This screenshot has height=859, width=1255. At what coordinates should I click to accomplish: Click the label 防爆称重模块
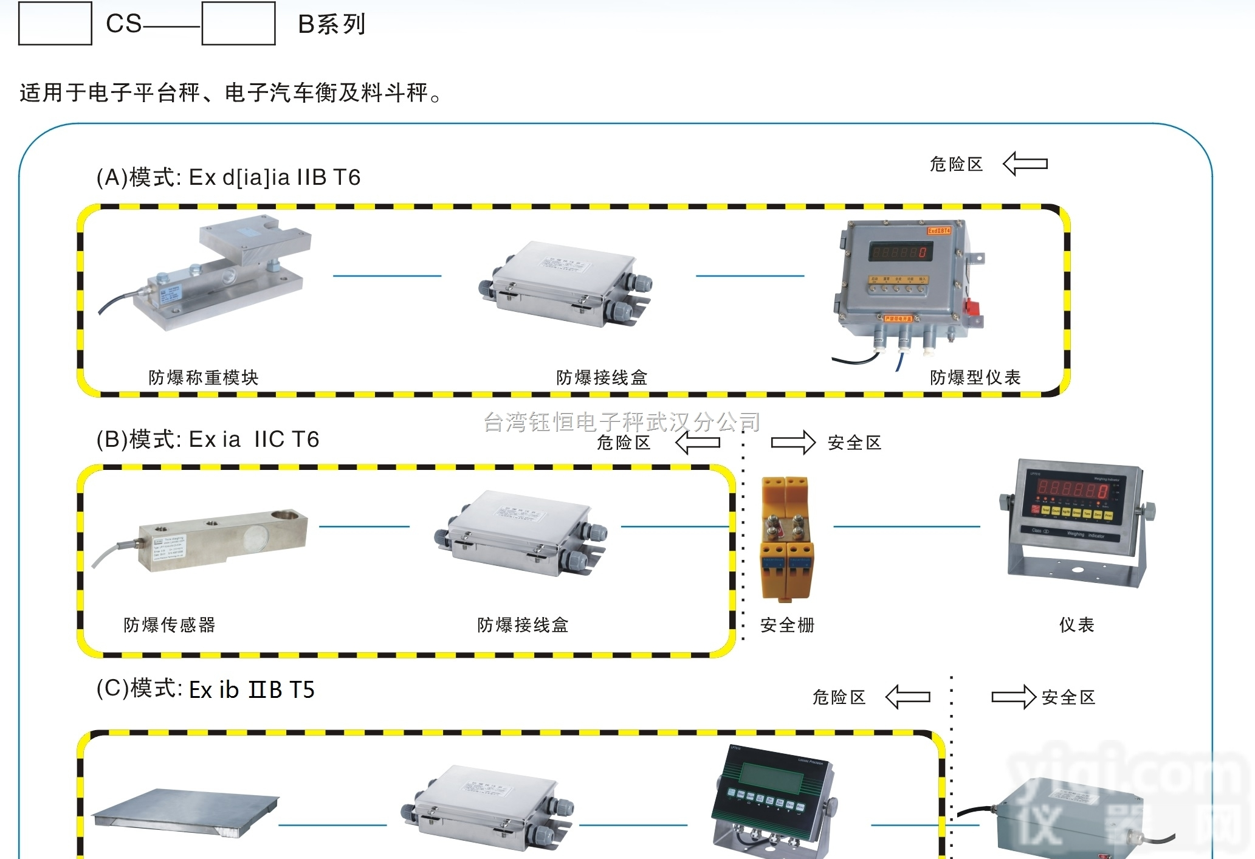pyautogui.click(x=204, y=378)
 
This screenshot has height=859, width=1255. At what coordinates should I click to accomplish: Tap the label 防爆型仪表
pyautogui.click(x=975, y=378)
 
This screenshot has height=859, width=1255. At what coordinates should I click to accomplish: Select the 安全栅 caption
pyautogui.click(x=787, y=625)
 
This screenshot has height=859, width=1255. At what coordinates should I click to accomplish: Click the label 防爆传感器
pyautogui.click(x=170, y=625)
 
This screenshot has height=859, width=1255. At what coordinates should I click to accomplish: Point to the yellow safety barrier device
pyautogui.click(x=786, y=538)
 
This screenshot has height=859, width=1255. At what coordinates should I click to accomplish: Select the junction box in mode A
pyautogui.click(x=565, y=283)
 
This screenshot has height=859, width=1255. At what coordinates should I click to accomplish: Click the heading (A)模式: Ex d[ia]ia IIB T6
pyautogui.click(x=229, y=178)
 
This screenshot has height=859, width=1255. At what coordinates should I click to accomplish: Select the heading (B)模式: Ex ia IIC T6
pyautogui.click(x=208, y=440)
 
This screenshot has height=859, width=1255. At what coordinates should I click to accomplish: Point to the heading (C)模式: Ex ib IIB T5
pyautogui.click(x=205, y=689)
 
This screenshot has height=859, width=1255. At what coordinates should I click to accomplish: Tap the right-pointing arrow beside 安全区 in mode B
pyautogui.click(x=793, y=442)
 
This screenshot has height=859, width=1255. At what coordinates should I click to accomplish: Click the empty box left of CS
pyautogui.click(x=55, y=23)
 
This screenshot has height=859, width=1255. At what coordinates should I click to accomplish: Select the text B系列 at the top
pyautogui.click(x=332, y=24)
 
